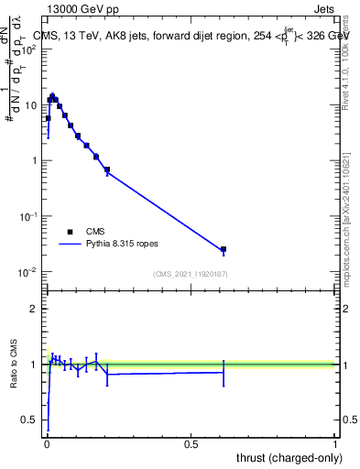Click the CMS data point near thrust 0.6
pos(223,249)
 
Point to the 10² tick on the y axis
pos(32,49)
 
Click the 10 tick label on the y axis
pos(34,105)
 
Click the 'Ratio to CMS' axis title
pos(14,365)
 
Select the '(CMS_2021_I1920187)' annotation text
pos(191,274)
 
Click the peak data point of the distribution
pos(52,95)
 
